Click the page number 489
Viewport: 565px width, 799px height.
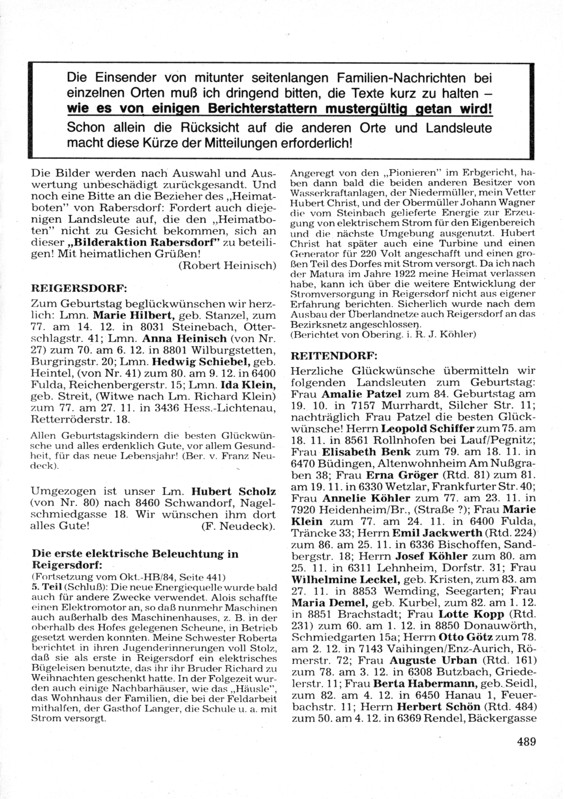point(525,741)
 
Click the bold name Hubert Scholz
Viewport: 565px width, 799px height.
point(233,491)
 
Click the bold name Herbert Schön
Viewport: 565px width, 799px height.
point(438,707)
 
